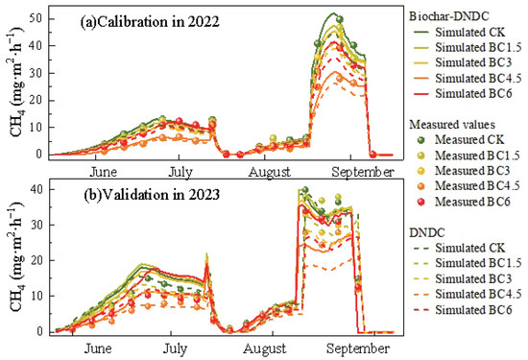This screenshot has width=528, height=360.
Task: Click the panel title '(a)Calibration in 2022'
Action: (150, 22)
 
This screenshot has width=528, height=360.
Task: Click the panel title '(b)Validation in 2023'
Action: (152, 195)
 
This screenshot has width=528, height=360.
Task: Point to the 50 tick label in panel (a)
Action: (35, 18)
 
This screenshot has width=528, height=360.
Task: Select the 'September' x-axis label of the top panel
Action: (363, 173)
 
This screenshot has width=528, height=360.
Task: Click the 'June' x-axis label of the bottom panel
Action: (98, 348)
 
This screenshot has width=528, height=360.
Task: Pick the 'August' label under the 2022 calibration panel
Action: (270, 173)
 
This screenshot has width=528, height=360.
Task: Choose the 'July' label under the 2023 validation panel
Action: (175, 348)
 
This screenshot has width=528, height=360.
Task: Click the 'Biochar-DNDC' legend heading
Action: (449, 16)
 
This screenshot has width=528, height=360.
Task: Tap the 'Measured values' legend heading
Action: (452, 125)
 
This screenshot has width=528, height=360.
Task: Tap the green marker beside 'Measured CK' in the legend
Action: (420, 140)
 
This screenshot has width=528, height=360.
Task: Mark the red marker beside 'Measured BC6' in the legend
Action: (420, 202)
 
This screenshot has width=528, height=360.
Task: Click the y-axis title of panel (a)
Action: (18, 83)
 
